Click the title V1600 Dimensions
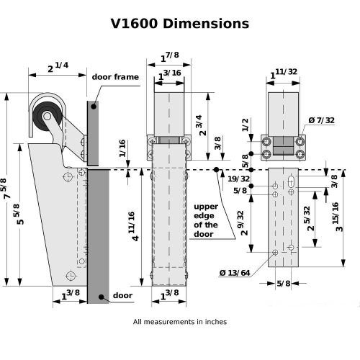179,23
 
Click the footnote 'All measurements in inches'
179,322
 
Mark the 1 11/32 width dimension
283,73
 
